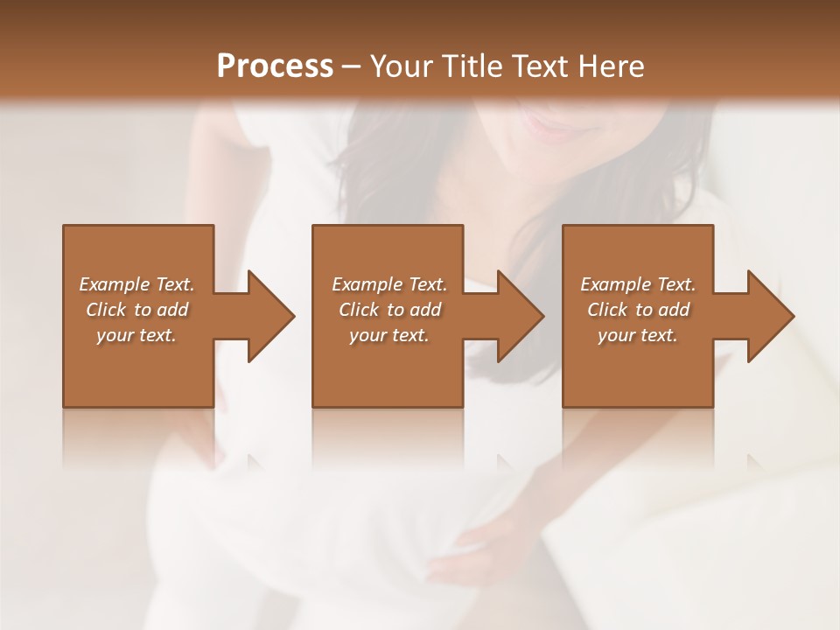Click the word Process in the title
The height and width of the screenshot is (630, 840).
(275, 66)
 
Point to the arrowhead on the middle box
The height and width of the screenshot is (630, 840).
(519, 317)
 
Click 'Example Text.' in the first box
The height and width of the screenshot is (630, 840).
(137, 284)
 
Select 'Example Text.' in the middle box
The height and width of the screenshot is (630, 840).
(389, 284)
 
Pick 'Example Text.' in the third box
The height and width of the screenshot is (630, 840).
(638, 284)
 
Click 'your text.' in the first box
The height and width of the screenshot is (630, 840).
(136, 335)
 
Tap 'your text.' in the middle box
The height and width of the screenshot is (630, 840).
(388, 335)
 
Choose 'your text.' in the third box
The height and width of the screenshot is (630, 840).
(637, 335)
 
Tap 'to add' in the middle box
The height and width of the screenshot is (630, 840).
(413, 310)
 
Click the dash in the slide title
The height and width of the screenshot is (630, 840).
(352, 66)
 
